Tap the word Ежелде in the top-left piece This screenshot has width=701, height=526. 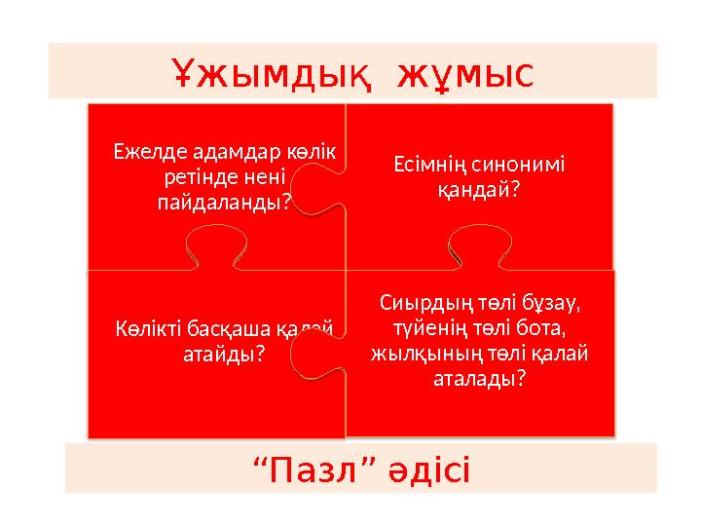pos(141,154)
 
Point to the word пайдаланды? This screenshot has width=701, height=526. pos(223,203)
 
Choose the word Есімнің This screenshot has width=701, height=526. pos(427,165)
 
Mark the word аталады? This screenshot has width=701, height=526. pos(479,378)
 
